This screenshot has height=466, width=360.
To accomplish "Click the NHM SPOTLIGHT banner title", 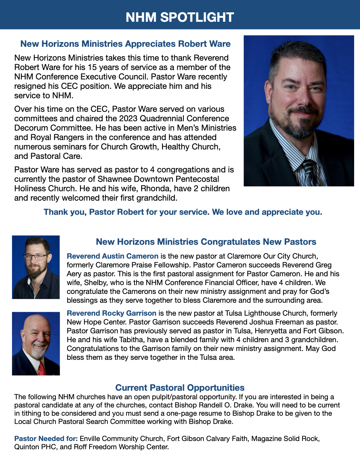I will (180, 17).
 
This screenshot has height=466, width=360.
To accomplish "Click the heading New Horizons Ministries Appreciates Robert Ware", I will (125, 44).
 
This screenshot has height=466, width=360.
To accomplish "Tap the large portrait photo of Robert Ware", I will (299, 111).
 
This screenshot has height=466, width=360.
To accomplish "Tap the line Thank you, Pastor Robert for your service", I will (183, 212).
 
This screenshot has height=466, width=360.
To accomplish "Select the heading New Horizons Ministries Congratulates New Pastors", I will (206, 242).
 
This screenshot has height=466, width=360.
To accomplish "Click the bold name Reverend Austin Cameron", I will (113, 256).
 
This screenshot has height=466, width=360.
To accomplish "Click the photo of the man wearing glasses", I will (36, 267).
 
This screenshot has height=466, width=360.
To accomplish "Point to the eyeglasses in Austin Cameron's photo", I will (36, 257).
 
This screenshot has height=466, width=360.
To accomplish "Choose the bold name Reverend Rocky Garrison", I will (111, 313).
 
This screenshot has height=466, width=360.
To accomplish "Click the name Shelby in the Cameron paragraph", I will (95, 283).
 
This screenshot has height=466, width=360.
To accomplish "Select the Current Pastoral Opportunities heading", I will (180, 388).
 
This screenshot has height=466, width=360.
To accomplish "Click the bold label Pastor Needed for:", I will (46, 439).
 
